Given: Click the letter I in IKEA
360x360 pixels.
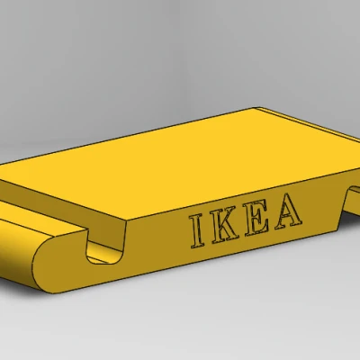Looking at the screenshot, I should tap(196, 232).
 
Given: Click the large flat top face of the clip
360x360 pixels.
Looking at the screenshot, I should tap(180, 162).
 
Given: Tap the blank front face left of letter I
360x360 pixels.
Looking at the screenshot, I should tap(157, 241).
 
